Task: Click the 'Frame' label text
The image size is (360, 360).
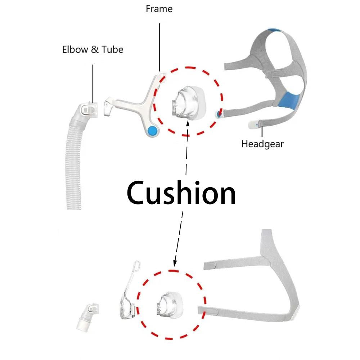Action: coord(159,9)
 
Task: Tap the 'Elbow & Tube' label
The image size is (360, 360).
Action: coord(93,49)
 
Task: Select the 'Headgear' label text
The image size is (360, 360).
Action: coord(262,144)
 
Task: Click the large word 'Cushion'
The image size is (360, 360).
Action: coord(181,193)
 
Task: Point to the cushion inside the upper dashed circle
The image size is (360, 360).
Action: coord(186,103)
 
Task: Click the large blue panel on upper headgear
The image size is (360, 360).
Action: coord(291,99)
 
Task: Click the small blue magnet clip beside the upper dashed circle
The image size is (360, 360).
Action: coord(219,114)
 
